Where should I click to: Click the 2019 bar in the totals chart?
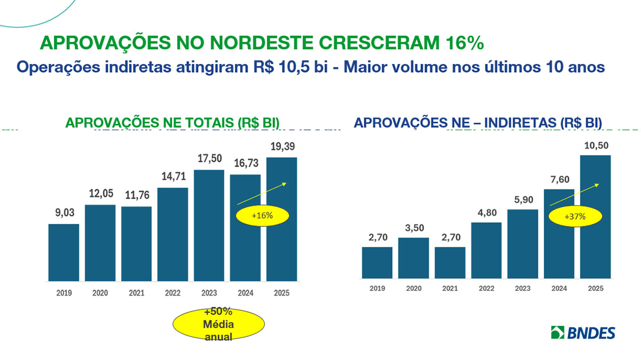[x=64, y=252]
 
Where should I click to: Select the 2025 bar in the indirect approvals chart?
[x=596, y=217]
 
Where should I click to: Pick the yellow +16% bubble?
[x=262, y=216]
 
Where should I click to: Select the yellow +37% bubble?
[x=575, y=217]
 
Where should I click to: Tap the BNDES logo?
[x=583, y=333]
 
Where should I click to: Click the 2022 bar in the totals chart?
[x=173, y=234]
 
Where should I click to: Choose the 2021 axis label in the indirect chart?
[x=450, y=288]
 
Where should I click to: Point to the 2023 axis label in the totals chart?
[x=209, y=293]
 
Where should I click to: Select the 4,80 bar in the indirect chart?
[x=486, y=250]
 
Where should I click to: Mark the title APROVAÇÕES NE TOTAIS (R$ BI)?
[x=173, y=122]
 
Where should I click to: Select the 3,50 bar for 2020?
[x=413, y=257]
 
